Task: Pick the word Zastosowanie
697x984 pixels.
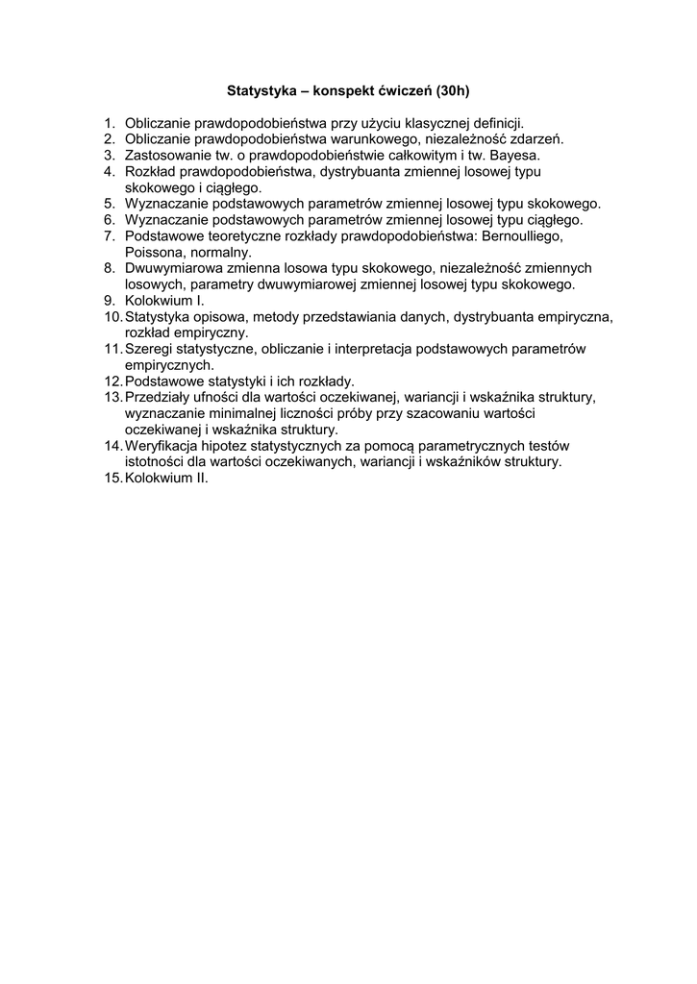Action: pyautogui.click(x=167, y=155)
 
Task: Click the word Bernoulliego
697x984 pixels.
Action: pyautogui.click(x=521, y=235)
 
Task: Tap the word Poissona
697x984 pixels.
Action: pyautogui.click(x=153, y=252)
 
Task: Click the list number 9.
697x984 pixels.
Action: pyautogui.click(x=111, y=300)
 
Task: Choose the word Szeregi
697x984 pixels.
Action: pyautogui.click(x=149, y=349)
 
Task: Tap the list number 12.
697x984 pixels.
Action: pyautogui.click(x=113, y=381)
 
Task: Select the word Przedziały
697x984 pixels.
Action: pyautogui.click(x=159, y=397)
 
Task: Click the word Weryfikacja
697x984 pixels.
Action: pyautogui.click(x=162, y=446)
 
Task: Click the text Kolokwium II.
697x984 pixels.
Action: pyautogui.click(x=166, y=478)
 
